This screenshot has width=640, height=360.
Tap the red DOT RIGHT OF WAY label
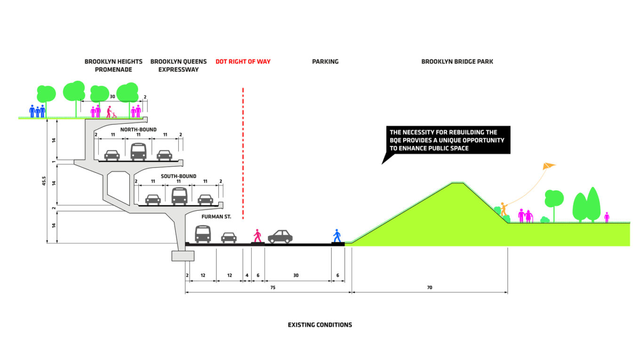pyautogui.click(x=243, y=62)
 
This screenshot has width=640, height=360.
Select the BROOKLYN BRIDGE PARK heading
pyautogui.click(x=457, y=62)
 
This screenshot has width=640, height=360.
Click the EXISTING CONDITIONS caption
pyautogui.click(x=320, y=325)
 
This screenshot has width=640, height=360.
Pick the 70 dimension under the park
pyautogui.click(x=429, y=287)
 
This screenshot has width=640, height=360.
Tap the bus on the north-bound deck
pyautogui.click(x=138, y=152)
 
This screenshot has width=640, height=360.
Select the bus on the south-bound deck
pyautogui.click(x=179, y=196)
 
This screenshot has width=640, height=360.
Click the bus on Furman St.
pyautogui.click(x=203, y=234)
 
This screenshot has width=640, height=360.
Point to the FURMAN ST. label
pyautogui.click(x=216, y=217)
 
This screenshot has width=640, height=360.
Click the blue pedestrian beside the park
pyautogui.click(x=336, y=236)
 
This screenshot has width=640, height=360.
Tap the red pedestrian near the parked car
pyautogui.click(x=257, y=236)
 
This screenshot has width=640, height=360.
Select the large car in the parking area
pyautogui.click(x=280, y=236)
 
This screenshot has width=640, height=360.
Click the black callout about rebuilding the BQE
pyautogui.click(x=448, y=140)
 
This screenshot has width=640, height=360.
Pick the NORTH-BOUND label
pyautogui.click(x=138, y=130)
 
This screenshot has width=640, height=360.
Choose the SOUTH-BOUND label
pyautogui.click(x=178, y=176)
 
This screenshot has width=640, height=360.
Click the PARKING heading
pyautogui.click(x=325, y=62)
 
